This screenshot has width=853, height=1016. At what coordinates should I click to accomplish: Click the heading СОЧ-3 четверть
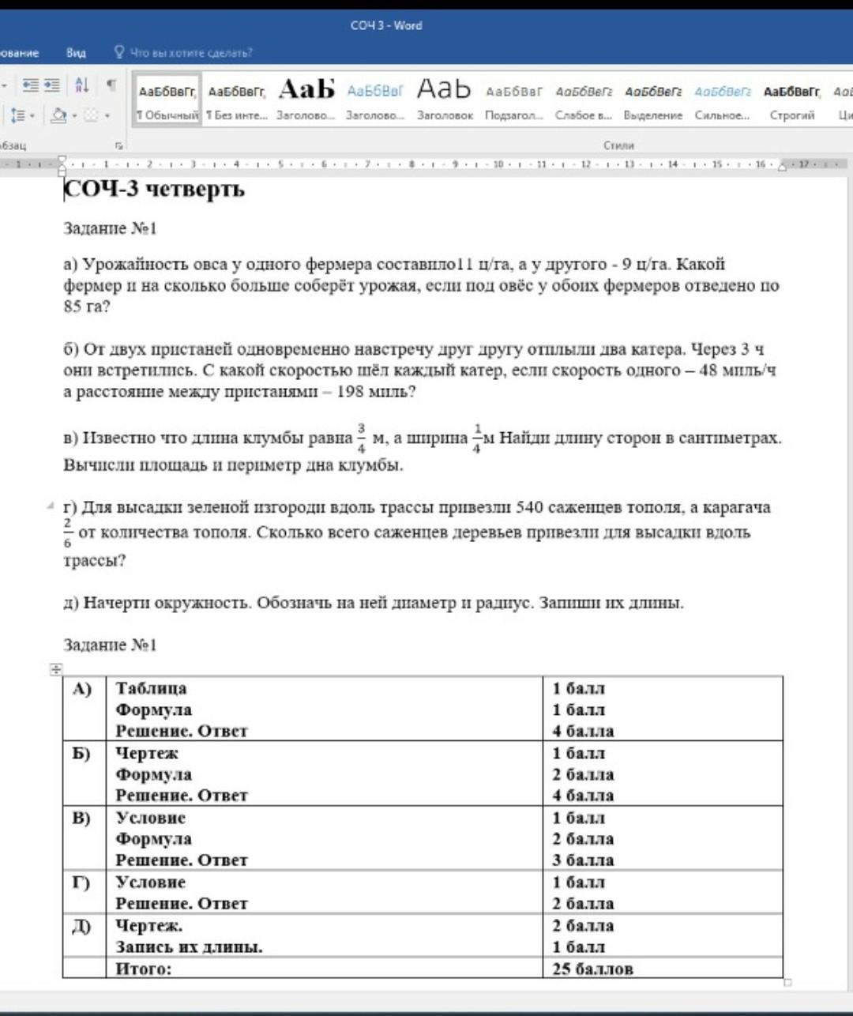154,190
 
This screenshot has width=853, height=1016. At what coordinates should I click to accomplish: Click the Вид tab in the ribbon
76,53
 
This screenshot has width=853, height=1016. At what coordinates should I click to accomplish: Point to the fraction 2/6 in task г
68,532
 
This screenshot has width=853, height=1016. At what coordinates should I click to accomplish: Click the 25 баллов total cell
592,969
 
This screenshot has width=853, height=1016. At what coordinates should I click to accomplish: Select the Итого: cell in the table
144,969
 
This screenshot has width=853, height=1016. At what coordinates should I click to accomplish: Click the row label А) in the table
82,689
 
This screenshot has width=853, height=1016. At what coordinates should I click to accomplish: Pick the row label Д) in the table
82,926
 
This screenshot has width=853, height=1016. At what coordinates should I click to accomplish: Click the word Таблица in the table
151,689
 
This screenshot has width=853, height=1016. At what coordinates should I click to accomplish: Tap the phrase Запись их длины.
189,947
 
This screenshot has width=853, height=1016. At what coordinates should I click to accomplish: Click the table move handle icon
56,669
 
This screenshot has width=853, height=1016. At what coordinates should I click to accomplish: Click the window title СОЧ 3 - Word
386,25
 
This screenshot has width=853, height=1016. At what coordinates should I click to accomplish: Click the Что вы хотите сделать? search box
190,53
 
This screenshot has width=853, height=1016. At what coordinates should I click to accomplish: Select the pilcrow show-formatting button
111,85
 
